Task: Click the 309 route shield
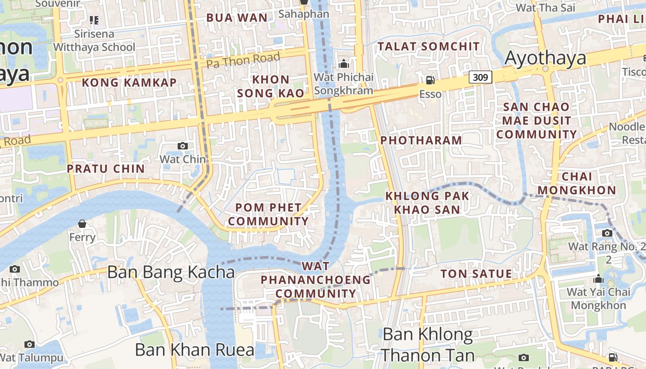click(x=480, y=77)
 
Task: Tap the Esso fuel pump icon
click(x=430, y=80)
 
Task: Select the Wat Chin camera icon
click(x=183, y=146)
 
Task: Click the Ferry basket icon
click(x=82, y=224)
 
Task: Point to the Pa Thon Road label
click(x=243, y=60)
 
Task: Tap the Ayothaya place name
click(x=545, y=58)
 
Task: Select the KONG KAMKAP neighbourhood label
click(x=129, y=83)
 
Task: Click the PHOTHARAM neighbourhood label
click(x=421, y=140)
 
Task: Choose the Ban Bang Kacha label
click(x=171, y=272)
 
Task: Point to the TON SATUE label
click(x=476, y=274)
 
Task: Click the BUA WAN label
click(x=237, y=18)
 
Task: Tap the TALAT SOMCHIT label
click(x=429, y=46)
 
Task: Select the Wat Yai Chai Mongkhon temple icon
click(x=598, y=279)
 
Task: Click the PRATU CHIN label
click(x=106, y=169)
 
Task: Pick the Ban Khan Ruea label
click(x=194, y=350)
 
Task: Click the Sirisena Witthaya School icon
click(x=94, y=20)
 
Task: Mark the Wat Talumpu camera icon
click(x=30, y=344)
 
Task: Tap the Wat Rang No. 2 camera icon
click(x=607, y=233)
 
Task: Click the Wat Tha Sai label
click(x=545, y=8)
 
